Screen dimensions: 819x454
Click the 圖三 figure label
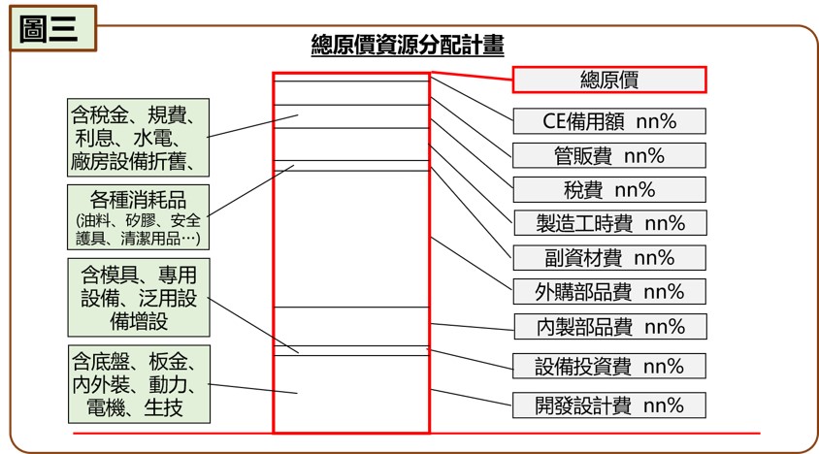(52, 29)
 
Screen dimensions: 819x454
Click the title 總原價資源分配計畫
(408, 45)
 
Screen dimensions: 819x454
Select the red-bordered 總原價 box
(609, 80)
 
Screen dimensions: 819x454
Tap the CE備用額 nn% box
(609, 121)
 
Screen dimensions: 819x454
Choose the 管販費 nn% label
(609, 155)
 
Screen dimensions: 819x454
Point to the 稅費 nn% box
(609, 189)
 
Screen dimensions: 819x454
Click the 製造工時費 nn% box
(610, 223)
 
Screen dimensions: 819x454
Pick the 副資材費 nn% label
(609, 258)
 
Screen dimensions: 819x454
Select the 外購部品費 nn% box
(609, 292)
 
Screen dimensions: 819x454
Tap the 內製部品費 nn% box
(610, 327)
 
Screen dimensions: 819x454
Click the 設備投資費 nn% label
(609, 367)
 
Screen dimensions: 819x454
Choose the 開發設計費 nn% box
(609, 405)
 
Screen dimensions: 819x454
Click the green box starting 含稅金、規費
(139, 138)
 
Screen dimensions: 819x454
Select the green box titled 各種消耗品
(139, 216)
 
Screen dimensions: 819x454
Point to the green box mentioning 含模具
(139, 297)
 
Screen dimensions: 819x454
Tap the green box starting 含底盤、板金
(139, 384)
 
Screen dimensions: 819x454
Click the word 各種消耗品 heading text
(138, 200)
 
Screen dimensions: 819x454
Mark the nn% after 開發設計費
(664, 405)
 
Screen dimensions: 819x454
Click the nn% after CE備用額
(656, 121)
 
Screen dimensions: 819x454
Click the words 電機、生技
(135, 407)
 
